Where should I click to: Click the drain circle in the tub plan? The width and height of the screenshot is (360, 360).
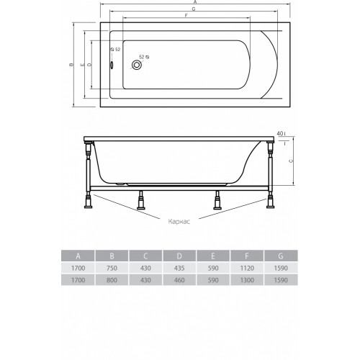tap(136, 65)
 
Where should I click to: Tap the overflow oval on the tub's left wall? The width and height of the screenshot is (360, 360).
tap(112, 65)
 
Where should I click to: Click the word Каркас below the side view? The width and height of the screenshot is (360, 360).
tap(179, 221)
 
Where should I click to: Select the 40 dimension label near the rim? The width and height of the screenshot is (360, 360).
tap(280, 133)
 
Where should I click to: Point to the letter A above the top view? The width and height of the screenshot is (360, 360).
tap(195, 2)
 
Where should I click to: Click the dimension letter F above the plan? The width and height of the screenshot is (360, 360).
tap(186, 16)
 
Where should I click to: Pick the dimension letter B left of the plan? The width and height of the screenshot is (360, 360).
tap(71, 65)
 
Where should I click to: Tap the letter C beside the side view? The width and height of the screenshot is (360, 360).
tap(291, 161)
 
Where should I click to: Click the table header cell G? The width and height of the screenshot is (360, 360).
tap(281, 256)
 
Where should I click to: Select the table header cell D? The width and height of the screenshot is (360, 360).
tap(179, 256)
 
